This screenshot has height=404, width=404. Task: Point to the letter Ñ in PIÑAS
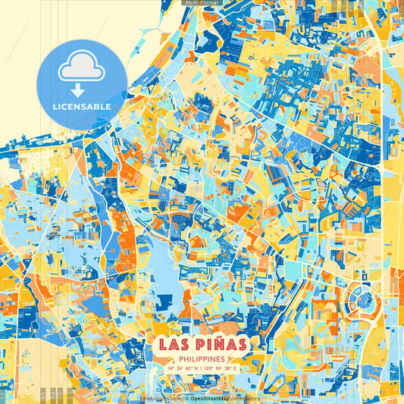(x=221, y=343)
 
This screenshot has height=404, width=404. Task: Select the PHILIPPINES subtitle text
(x=202, y=358)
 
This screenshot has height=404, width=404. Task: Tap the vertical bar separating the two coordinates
(x=202, y=368)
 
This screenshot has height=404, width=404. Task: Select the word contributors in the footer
(x=246, y=397)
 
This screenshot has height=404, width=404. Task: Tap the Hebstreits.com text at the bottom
(x=161, y=397)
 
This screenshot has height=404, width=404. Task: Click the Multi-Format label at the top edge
(x=202, y=3)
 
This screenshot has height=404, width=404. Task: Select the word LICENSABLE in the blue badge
(x=81, y=106)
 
